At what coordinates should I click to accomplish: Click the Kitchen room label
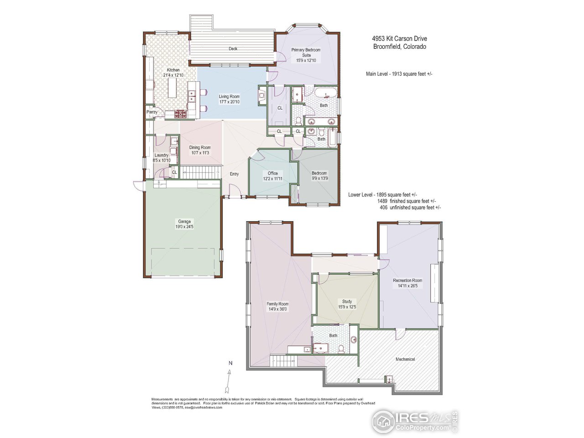(x=173, y=70)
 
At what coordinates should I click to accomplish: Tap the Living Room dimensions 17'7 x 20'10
(x=229, y=102)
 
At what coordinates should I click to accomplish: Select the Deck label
(x=233, y=48)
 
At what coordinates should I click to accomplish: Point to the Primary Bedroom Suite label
(x=306, y=52)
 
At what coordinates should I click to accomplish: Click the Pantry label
(x=152, y=112)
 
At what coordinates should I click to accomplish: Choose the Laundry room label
(x=162, y=155)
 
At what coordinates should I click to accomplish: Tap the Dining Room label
(x=200, y=147)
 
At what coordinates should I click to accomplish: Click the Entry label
(x=234, y=174)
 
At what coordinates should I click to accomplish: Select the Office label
(x=273, y=173)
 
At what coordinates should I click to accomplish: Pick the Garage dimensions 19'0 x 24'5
(x=184, y=226)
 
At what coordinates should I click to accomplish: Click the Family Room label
(x=277, y=304)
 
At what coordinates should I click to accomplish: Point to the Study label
(x=347, y=302)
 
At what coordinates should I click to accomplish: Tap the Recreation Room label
(x=407, y=281)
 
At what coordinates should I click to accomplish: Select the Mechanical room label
(x=405, y=359)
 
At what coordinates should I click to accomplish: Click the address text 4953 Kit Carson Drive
(x=399, y=39)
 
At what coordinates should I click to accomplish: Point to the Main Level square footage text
(x=399, y=73)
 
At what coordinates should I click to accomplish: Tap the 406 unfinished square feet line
(x=410, y=208)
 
